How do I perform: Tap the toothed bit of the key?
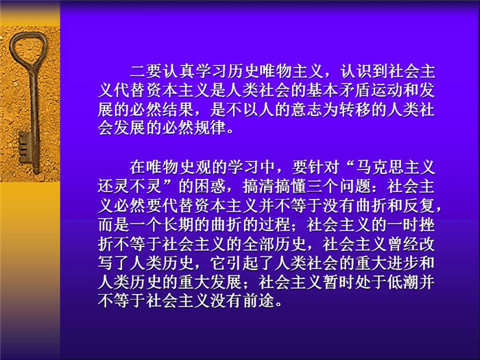click(x=25, y=147)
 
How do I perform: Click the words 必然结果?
click(x=162, y=109)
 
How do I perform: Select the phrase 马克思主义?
click(x=396, y=167)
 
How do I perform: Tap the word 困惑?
click(x=211, y=186)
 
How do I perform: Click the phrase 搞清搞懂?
click(x=275, y=186)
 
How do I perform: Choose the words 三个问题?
click(x=339, y=186)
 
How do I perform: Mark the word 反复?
click(x=420, y=205)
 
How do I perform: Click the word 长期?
click(x=178, y=224)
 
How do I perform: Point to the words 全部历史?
click(x=275, y=243)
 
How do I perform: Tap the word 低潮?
click(x=403, y=282)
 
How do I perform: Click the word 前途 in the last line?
click(x=259, y=300)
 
